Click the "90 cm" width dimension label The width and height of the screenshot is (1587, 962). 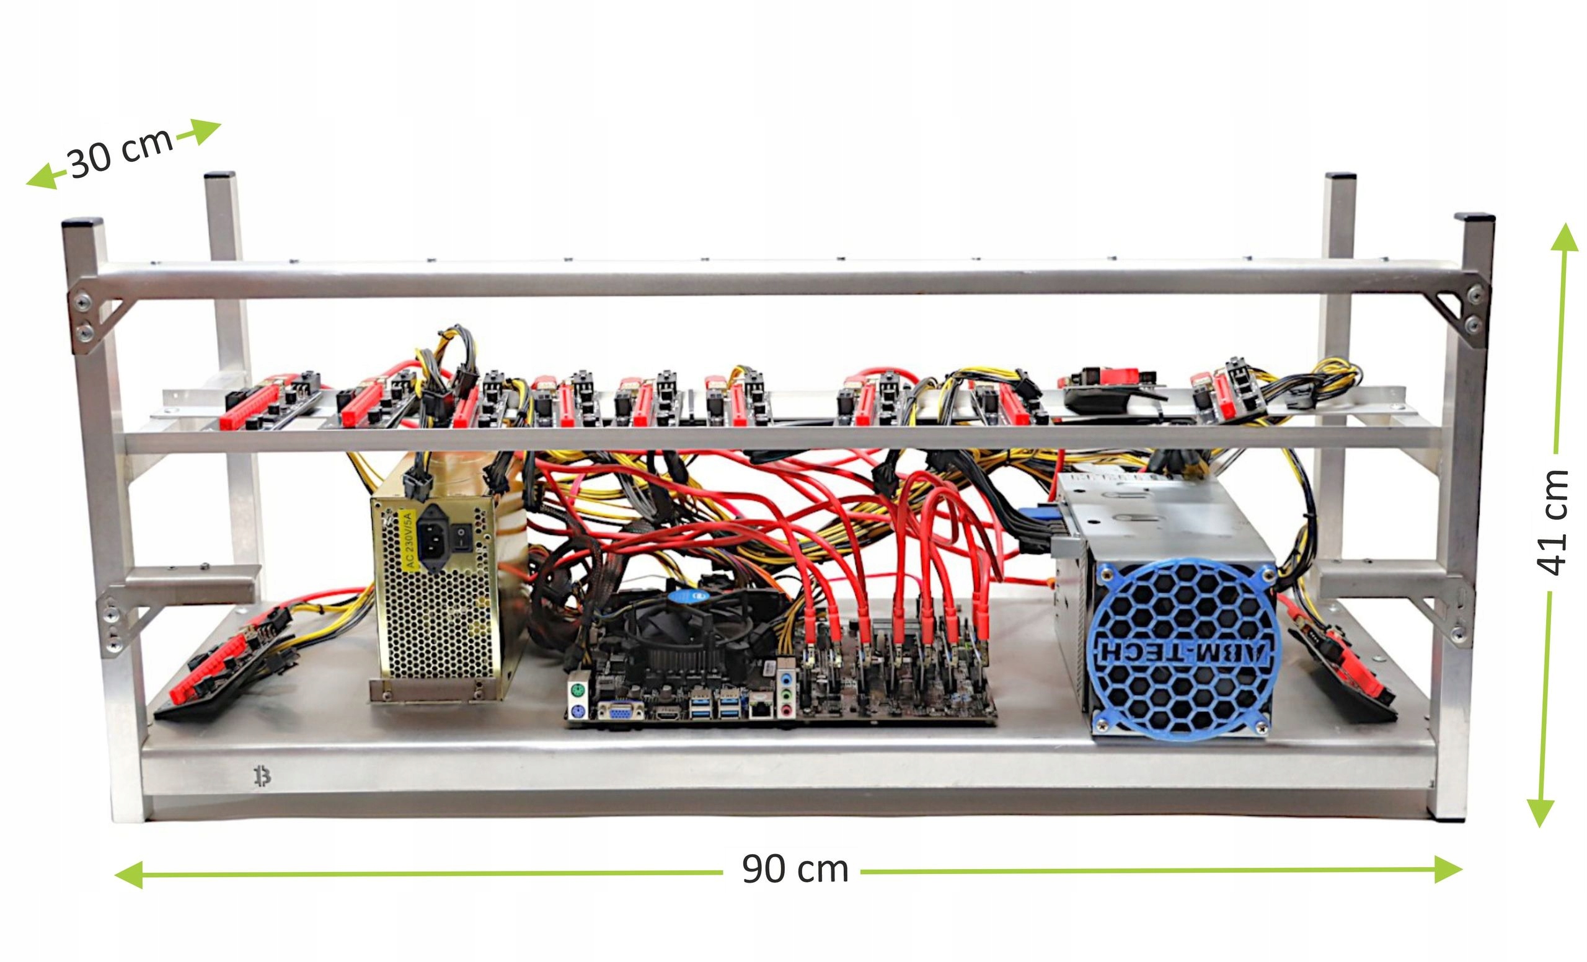pos(795,868)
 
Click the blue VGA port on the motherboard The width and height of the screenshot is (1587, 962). pos(621,711)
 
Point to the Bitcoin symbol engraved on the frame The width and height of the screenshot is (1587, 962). pos(262,777)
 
